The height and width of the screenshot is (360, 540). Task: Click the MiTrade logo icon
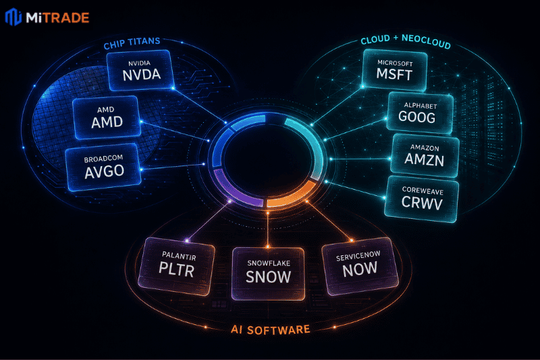[x=13, y=16]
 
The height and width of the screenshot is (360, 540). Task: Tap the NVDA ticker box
[x=140, y=70]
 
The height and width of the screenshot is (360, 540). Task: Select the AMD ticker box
[x=107, y=117]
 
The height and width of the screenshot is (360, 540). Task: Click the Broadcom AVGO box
[x=103, y=167]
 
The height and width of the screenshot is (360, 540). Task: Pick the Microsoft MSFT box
[x=395, y=70]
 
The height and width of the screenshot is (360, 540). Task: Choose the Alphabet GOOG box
[x=419, y=113]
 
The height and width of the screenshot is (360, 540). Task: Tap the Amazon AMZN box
[x=425, y=156]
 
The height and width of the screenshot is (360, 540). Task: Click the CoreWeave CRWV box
[x=421, y=199]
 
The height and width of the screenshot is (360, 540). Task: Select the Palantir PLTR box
[x=176, y=266]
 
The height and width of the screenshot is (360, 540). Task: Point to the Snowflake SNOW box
[x=268, y=274]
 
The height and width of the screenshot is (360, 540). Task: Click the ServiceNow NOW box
[x=360, y=265]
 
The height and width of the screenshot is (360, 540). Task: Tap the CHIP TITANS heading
[x=132, y=43]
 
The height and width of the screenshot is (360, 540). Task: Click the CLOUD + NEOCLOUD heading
[x=406, y=41]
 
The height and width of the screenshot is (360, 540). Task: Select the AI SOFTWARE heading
[x=271, y=330]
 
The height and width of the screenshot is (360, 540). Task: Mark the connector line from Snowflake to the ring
[x=267, y=230]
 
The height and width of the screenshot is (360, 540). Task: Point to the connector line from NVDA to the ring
[x=199, y=105]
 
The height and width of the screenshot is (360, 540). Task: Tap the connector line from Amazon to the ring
[x=360, y=159]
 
